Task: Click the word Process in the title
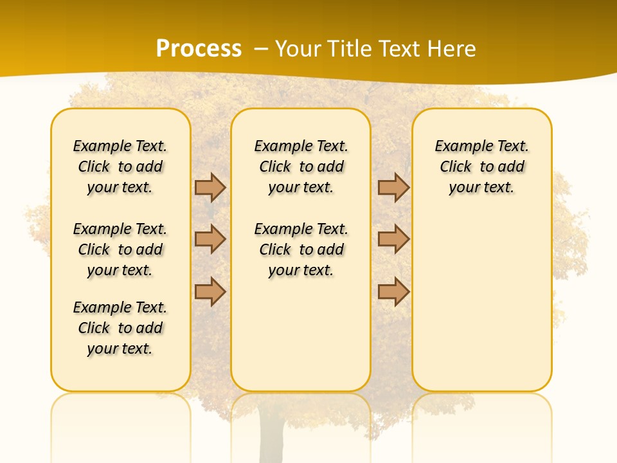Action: pyautogui.click(x=199, y=49)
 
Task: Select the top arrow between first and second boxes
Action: pyautogui.click(x=210, y=188)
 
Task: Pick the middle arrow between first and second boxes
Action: pyautogui.click(x=210, y=239)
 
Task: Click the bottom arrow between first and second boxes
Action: pyautogui.click(x=210, y=291)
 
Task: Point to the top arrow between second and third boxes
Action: pyautogui.click(x=393, y=188)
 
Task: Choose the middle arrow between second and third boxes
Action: pyautogui.click(x=393, y=239)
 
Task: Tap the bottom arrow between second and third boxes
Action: pyautogui.click(x=393, y=291)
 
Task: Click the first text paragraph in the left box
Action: pyautogui.click(x=120, y=167)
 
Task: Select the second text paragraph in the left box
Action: pyautogui.click(x=120, y=250)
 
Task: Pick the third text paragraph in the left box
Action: pyautogui.click(x=120, y=328)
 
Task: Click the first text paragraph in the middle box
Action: pyautogui.click(x=301, y=167)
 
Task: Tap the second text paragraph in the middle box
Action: pyautogui.click(x=301, y=250)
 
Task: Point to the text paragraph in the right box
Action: pyautogui.click(x=481, y=167)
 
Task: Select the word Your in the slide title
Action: pyautogui.click(x=299, y=49)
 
